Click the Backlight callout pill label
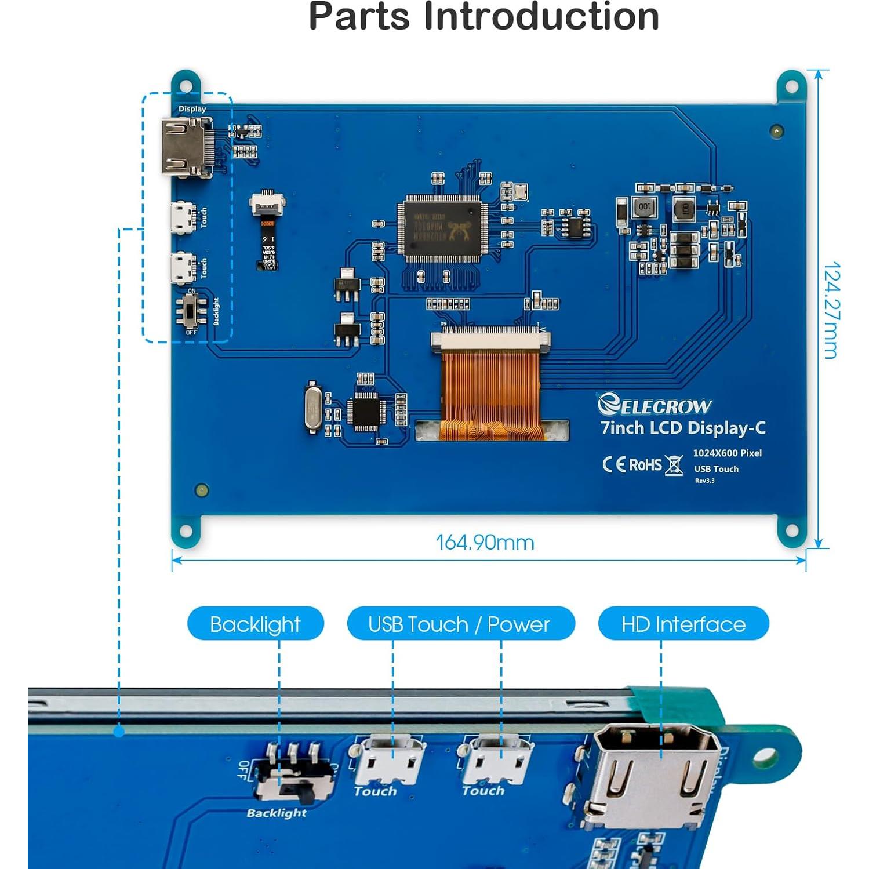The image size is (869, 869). (x=255, y=624)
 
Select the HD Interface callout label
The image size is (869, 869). (x=683, y=624)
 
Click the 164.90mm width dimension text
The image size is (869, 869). (x=485, y=543)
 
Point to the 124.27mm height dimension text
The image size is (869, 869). (x=831, y=310)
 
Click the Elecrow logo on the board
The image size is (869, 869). (x=655, y=405)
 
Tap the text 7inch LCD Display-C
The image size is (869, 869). (x=682, y=428)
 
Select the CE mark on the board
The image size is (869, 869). (x=614, y=465)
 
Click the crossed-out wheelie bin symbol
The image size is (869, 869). (x=674, y=466)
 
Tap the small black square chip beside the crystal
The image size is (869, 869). (x=365, y=411)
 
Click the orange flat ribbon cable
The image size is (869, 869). (x=490, y=394)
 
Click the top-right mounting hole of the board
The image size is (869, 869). (x=791, y=88)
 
